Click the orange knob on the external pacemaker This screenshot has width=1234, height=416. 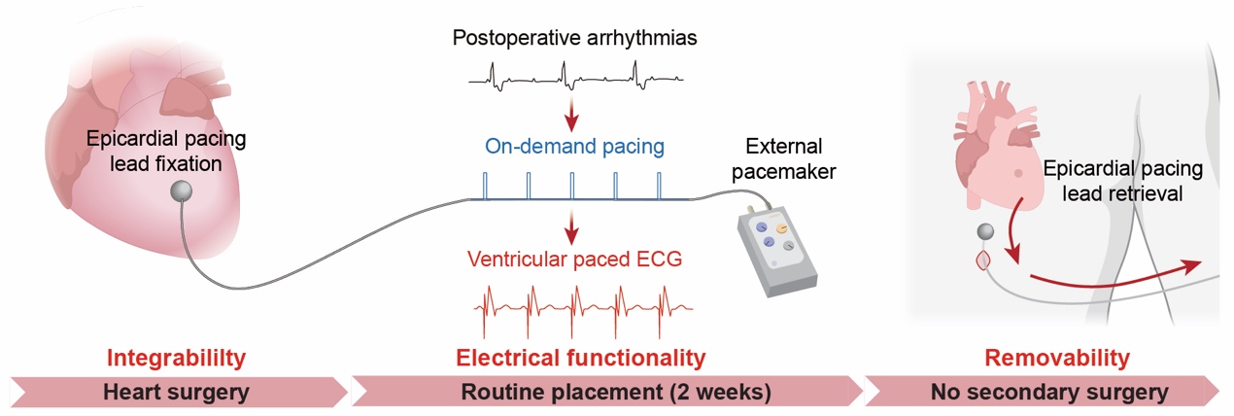(x=782, y=230)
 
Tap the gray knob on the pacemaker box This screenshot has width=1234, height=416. (x=789, y=248)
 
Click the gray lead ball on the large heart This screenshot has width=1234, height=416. (x=181, y=191)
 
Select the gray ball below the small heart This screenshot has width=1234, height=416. (x=985, y=233)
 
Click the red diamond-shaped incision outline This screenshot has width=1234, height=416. (x=983, y=260)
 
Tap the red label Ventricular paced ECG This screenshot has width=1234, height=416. (x=571, y=260)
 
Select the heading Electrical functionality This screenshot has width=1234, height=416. (x=580, y=358)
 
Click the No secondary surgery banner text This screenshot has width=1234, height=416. (x=1048, y=393)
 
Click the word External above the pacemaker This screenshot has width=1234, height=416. (x=783, y=147)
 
